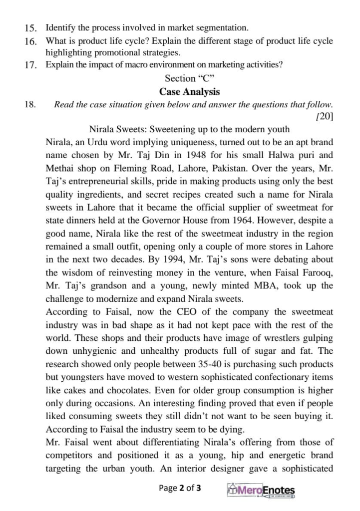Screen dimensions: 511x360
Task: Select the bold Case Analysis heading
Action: point(189,92)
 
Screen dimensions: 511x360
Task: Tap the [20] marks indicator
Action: point(325,117)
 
